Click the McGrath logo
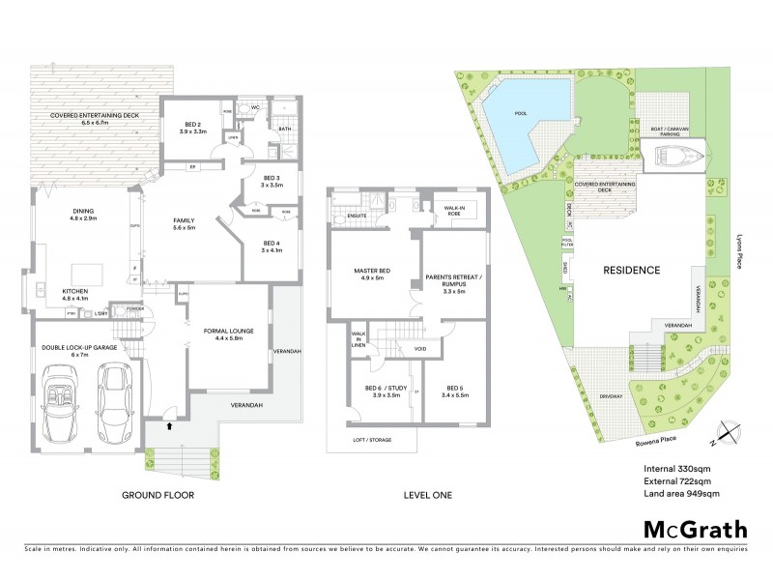point(695,530)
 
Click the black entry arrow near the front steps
point(171,423)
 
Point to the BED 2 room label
point(193,127)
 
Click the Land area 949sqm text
point(682,493)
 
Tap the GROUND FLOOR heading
point(157,495)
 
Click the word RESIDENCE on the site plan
point(633,271)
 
